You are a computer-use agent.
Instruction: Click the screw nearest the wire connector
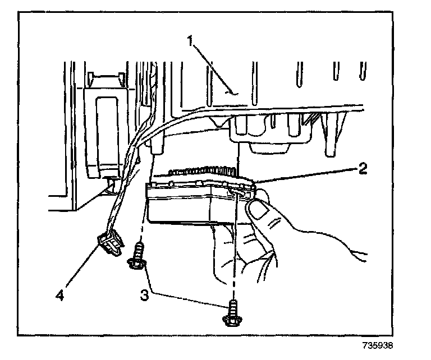coord(136,257)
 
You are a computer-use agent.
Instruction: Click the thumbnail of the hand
coord(259,212)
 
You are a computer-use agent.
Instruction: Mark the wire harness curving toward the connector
coord(129,168)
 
